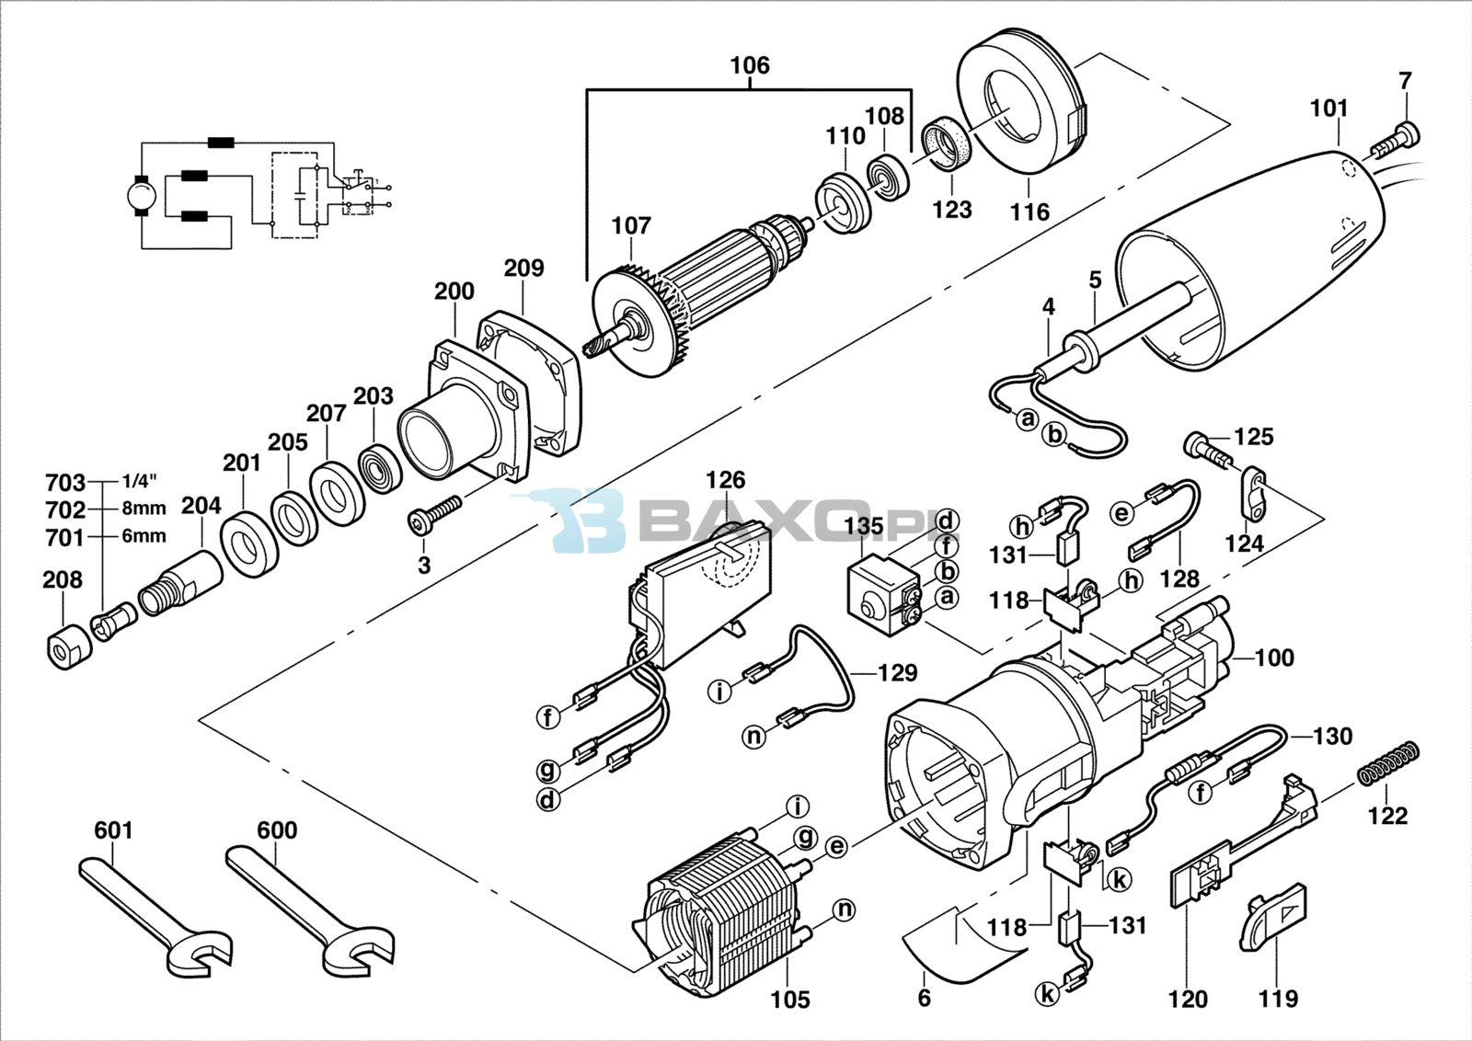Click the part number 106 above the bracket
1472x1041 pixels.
(750, 65)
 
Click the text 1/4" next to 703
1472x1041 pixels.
(139, 482)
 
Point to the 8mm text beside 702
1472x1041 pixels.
(144, 509)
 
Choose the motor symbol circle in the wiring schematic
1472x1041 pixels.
(142, 195)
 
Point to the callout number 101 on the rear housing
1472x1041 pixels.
(1328, 109)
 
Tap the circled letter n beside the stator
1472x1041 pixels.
(845, 909)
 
